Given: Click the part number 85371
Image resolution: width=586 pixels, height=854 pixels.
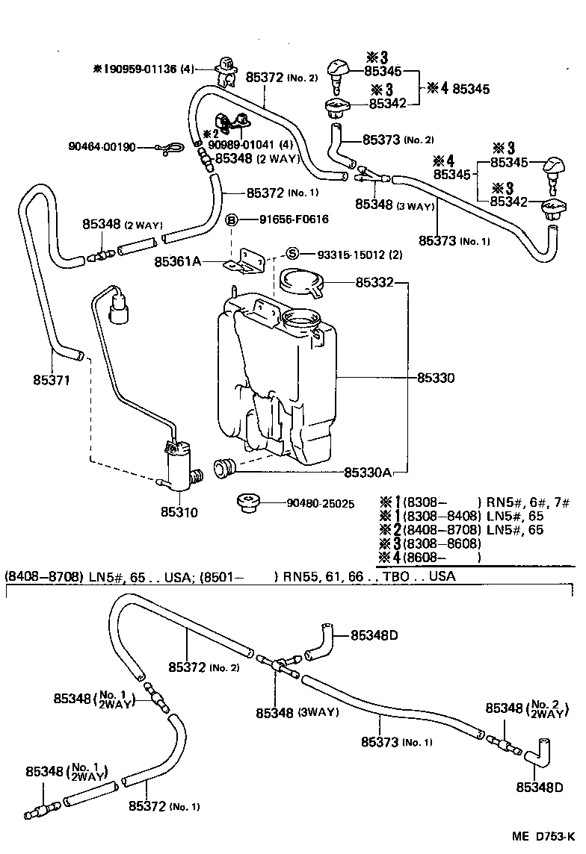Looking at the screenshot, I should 52,380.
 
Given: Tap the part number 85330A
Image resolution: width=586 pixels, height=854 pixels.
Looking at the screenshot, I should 368,473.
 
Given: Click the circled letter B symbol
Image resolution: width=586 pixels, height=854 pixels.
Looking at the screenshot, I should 232,219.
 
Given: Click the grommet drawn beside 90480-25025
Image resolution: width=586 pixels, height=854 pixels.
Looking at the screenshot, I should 246,502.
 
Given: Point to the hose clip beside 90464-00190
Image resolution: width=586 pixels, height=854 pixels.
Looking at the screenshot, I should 163,149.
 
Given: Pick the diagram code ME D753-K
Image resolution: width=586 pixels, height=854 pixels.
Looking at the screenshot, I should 543,837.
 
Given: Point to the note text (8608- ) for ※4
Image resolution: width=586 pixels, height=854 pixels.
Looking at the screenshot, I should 442,557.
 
